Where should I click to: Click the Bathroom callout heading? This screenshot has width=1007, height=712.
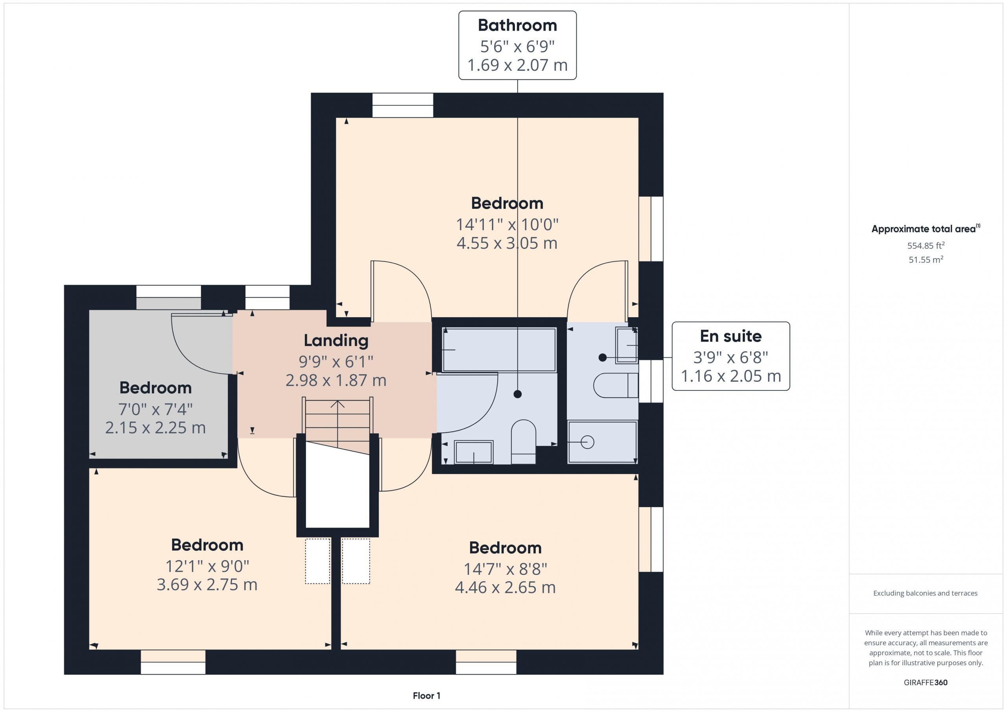(x=517, y=26)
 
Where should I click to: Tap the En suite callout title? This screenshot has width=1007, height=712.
(x=731, y=336)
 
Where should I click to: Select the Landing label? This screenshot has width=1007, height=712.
(x=336, y=340)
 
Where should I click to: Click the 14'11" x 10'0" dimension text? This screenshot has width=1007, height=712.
(x=507, y=224)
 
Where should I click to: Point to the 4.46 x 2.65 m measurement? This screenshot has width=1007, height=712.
(x=505, y=587)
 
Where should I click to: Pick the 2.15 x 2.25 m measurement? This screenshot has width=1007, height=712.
(x=155, y=427)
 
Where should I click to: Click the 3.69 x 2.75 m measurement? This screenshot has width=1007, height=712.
(x=207, y=584)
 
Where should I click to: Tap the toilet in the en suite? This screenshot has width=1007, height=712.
(x=616, y=385)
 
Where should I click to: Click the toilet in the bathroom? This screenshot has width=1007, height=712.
(x=524, y=442)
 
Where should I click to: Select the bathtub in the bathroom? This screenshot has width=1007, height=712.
(x=499, y=350)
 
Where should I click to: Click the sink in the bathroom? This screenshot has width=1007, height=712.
(x=473, y=452)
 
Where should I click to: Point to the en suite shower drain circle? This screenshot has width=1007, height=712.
(x=587, y=442)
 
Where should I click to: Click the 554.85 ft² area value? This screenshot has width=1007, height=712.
(x=926, y=245)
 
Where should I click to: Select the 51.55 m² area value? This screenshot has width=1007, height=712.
(x=926, y=259)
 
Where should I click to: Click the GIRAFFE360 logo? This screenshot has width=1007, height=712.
(x=926, y=683)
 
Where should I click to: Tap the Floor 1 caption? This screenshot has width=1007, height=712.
(x=426, y=696)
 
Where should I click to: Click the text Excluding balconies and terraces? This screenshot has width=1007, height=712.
(x=926, y=593)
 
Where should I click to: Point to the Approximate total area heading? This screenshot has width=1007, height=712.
(x=926, y=228)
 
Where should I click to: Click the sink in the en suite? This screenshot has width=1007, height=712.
(x=627, y=345)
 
